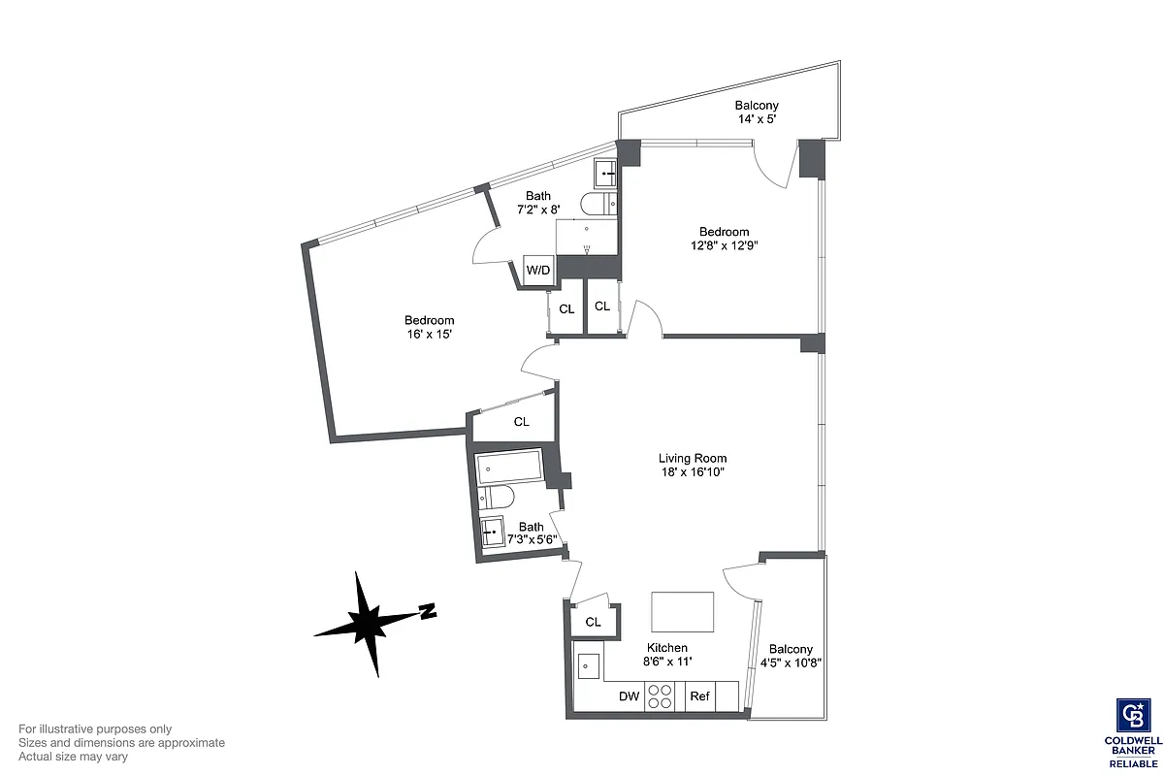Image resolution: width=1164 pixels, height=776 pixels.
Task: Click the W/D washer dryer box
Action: pyautogui.click(x=538, y=270)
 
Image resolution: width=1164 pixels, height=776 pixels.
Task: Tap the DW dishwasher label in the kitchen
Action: pyautogui.click(x=628, y=695)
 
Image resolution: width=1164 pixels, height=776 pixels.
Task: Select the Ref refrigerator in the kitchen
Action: pyautogui.click(x=699, y=695)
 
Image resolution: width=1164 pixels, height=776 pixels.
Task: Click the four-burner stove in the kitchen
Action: pyautogui.click(x=661, y=696)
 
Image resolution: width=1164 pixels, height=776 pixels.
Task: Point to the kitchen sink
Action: pyautogui.click(x=588, y=666)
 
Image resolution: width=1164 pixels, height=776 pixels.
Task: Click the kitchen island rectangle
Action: pyautogui.click(x=682, y=611)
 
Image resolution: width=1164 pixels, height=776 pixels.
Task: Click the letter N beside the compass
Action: pyautogui.click(x=427, y=611)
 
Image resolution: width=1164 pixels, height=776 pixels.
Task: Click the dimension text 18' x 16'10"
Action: pyautogui.click(x=693, y=472)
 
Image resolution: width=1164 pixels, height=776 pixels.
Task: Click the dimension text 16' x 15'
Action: pyautogui.click(x=430, y=334)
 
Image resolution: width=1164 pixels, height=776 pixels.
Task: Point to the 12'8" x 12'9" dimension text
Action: pyautogui.click(x=725, y=245)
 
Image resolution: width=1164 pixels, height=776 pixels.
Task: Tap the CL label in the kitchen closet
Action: pyautogui.click(x=593, y=622)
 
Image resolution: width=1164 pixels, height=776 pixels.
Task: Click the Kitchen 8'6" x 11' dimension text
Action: pyautogui.click(x=667, y=662)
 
